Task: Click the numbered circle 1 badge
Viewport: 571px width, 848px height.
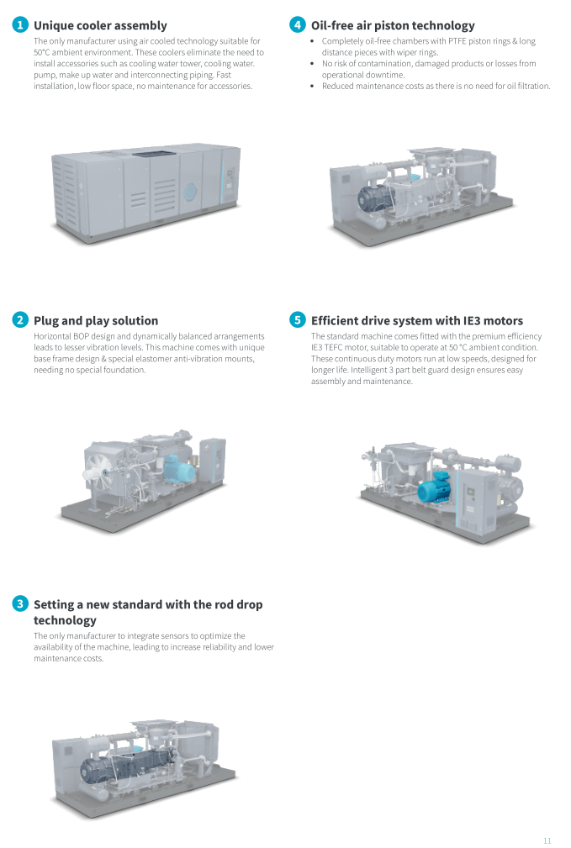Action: [20, 25]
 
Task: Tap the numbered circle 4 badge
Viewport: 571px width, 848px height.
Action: [297, 25]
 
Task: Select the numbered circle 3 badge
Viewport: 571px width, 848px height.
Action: [20, 604]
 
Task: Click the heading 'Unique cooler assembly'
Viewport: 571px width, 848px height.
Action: [100, 25]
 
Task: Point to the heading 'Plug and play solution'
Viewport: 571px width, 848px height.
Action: [96, 320]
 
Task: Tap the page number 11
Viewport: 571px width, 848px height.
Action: [547, 840]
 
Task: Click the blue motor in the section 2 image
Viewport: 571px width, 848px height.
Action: [180, 467]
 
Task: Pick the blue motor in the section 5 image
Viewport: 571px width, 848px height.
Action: [434, 491]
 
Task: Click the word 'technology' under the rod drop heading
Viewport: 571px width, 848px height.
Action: [65, 620]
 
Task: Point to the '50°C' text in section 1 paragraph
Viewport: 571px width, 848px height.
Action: [45, 52]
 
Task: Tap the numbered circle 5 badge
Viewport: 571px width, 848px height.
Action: [297, 320]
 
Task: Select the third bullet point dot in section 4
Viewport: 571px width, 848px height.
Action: [313, 86]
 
